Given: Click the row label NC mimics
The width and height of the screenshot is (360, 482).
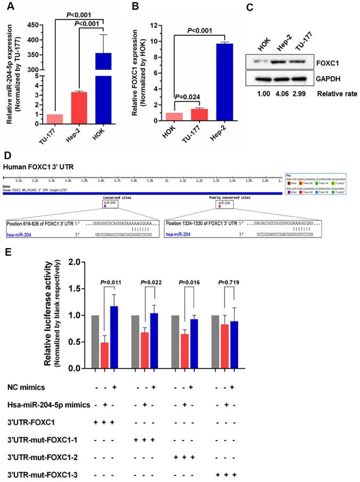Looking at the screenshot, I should tap(23, 388).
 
